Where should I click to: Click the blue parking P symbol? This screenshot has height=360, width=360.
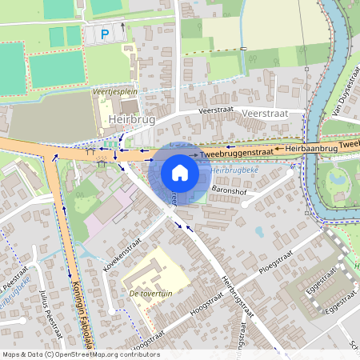(105, 34)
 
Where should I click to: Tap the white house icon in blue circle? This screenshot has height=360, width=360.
(180, 173)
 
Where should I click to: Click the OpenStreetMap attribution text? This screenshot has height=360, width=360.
(80, 354)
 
